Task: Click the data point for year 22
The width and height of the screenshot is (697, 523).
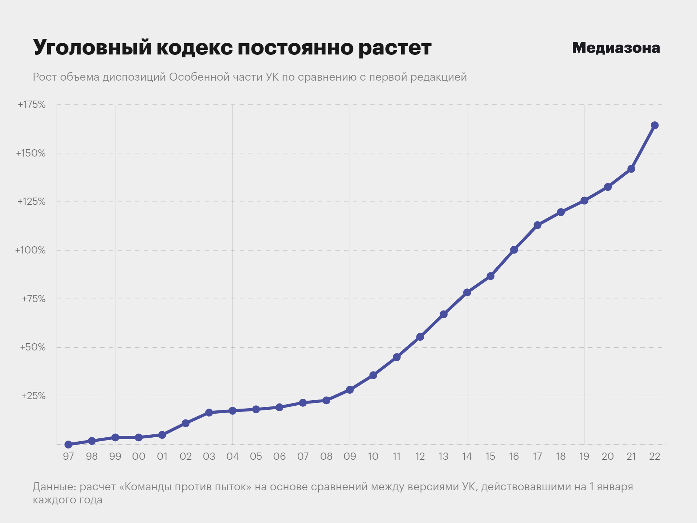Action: [655, 125]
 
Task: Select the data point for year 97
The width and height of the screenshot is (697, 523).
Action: [68, 445]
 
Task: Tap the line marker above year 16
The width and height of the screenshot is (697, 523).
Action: [514, 250]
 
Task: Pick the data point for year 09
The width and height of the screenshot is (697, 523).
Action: [350, 390]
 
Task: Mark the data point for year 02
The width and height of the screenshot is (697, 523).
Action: [186, 423]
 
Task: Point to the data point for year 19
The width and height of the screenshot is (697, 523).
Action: [584, 200]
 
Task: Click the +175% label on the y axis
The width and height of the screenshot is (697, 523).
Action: [32, 105]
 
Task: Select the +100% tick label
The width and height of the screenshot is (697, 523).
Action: [30, 250]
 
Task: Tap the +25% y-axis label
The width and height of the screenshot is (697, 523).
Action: [33, 396]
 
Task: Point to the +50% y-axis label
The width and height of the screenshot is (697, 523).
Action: [33, 347]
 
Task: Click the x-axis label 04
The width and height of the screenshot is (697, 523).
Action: [232, 457]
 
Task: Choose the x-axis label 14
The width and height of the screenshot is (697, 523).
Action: [467, 457]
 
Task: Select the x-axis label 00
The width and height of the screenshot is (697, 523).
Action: [139, 457]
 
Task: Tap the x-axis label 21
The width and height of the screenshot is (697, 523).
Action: [631, 457]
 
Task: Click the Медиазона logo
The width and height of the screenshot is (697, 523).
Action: [616, 48]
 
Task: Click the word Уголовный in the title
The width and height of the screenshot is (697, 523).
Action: [92, 48]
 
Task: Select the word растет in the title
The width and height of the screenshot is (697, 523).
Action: [395, 48]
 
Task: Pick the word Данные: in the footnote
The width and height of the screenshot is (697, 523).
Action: [54, 487]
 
